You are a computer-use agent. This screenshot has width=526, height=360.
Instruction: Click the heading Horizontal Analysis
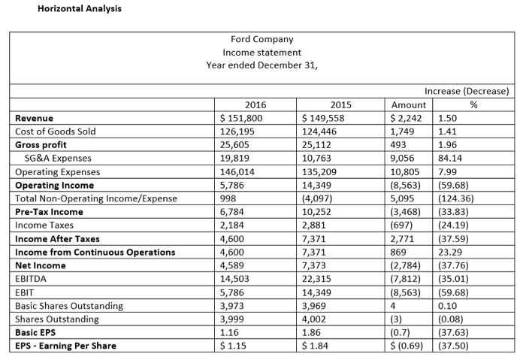(68, 8)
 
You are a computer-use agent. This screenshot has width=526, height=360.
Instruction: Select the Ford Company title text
(262, 39)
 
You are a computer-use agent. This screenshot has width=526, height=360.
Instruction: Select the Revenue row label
(35, 118)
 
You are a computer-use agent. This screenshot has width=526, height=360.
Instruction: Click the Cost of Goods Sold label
(56, 132)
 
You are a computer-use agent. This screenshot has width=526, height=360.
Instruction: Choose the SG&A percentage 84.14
(452, 159)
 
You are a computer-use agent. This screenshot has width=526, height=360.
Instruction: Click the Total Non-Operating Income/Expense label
(95, 198)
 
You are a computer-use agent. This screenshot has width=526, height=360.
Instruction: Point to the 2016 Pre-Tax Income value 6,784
(231, 212)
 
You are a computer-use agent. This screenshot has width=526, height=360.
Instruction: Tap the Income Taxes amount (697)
(402, 225)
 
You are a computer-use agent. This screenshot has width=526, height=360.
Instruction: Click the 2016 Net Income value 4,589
(231, 265)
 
